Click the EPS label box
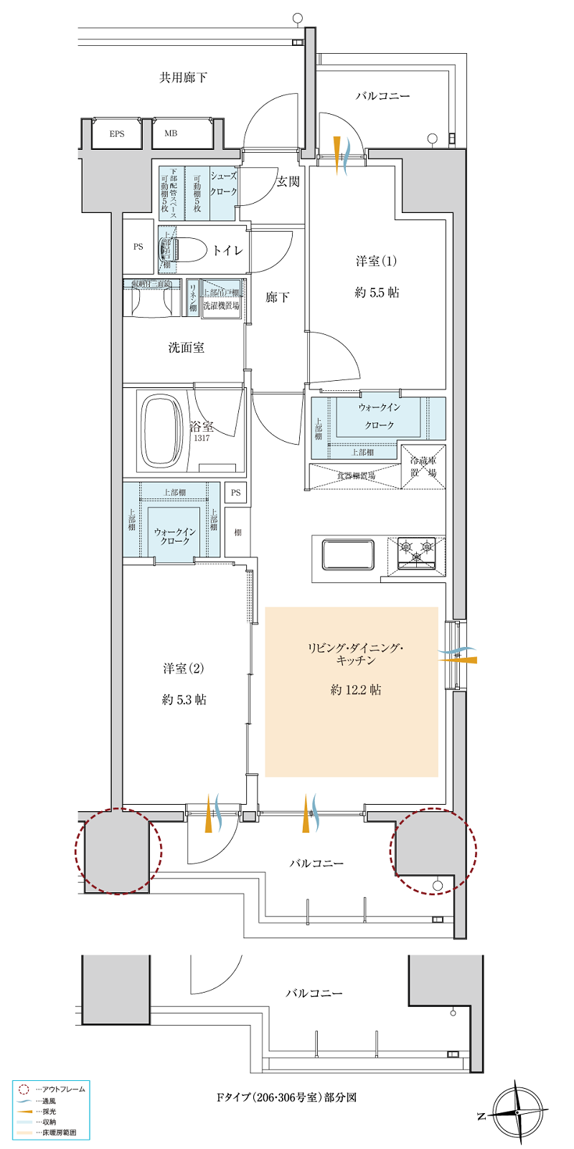point(117,134)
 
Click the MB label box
point(171,134)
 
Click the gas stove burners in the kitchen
point(417,552)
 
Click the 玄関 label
point(288,182)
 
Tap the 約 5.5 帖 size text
point(377,293)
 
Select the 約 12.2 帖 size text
point(356,690)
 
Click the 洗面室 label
point(187,348)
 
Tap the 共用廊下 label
point(184,77)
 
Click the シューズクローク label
point(223,184)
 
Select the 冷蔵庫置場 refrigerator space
point(423,467)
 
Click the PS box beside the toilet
point(138,247)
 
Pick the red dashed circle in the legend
point(24,1089)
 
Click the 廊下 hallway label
point(278,297)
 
